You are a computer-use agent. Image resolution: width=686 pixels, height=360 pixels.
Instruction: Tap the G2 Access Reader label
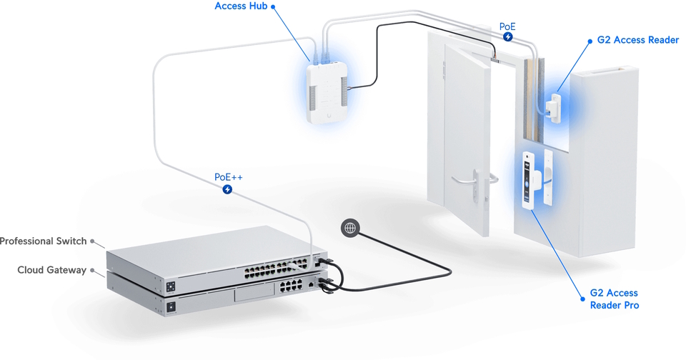(x=637, y=41)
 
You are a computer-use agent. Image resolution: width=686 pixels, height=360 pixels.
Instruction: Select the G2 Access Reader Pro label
(x=614, y=299)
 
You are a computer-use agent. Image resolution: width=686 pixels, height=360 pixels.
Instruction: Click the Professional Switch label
(x=43, y=241)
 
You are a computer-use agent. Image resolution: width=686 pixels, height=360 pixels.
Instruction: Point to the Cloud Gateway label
(x=51, y=270)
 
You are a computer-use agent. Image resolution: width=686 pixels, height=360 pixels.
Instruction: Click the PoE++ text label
(x=227, y=176)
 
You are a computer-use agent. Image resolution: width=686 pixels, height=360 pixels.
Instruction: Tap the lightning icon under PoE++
(x=227, y=190)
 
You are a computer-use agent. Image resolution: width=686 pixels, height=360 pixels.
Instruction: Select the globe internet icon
(x=349, y=228)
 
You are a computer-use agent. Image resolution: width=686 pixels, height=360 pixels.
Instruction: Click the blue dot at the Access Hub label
(x=272, y=6)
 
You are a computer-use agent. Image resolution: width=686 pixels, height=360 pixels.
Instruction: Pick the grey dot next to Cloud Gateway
(x=92, y=270)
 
